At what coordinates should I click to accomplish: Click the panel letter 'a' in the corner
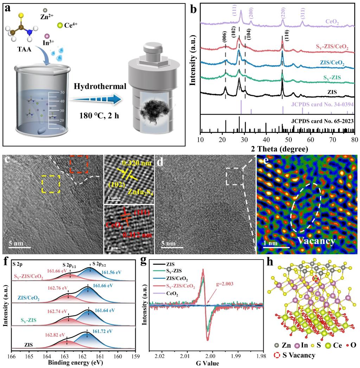tap(7, 8)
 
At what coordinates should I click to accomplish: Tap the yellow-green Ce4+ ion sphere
tap(60, 25)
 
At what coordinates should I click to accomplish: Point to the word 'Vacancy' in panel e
tap(315, 241)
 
